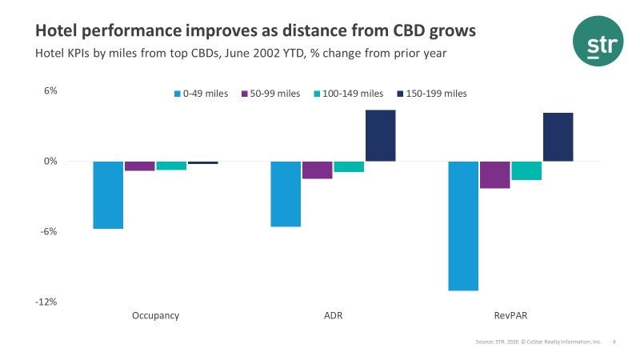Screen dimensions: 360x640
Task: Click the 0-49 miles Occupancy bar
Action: click(108, 195)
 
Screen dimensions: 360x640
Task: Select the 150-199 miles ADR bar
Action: click(380, 136)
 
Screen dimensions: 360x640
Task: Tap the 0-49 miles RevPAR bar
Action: click(463, 226)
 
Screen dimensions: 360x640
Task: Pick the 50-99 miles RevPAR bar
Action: click(494, 174)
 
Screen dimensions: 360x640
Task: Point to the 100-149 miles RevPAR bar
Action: click(526, 170)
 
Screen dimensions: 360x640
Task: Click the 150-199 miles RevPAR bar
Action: click(558, 138)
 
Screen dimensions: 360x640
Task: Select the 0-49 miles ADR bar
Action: click(286, 194)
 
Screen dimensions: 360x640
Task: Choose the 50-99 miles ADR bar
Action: click(317, 170)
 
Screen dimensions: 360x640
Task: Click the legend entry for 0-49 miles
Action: click(201, 94)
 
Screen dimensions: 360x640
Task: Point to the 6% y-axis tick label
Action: click(50, 91)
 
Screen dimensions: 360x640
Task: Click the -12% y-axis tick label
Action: click(46, 302)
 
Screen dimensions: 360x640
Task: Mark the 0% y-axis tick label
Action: click(50, 162)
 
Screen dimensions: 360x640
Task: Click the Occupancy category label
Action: click(155, 315)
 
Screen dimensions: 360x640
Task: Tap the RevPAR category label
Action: click(510, 315)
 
